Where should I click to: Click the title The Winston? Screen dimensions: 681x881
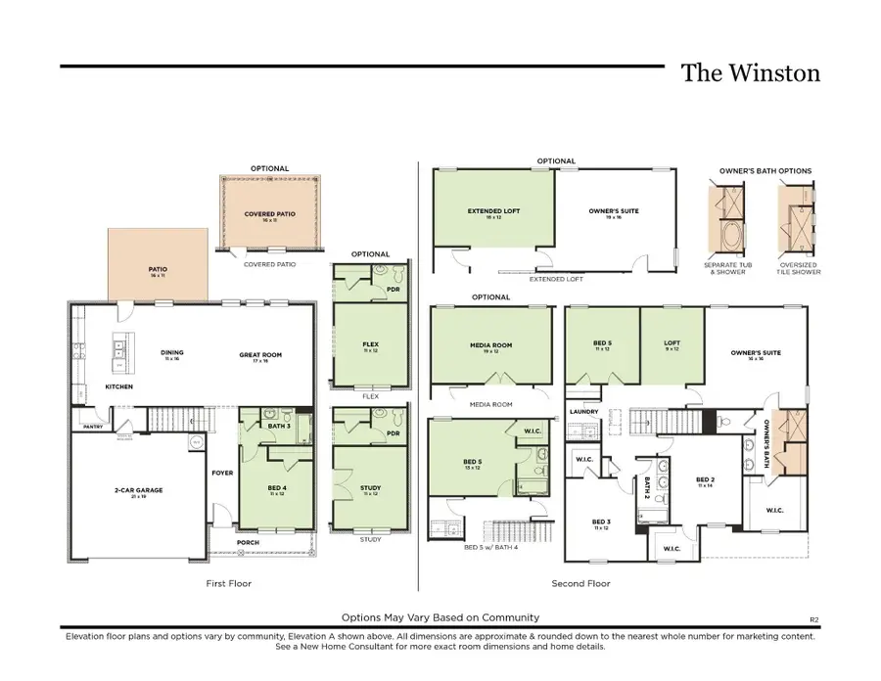point(750,73)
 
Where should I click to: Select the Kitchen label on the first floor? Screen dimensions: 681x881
point(118,386)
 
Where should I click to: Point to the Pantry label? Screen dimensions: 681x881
point(94,427)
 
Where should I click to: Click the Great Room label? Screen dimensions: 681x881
point(260,354)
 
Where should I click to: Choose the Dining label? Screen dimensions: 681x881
point(173,353)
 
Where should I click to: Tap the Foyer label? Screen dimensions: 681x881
point(222,473)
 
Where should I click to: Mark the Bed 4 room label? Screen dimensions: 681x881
point(276,487)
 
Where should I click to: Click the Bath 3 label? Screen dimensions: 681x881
point(277,426)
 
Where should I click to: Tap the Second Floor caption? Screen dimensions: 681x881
point(581,584)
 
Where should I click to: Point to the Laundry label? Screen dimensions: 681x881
point(584,412)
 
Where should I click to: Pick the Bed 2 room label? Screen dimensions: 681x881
point(705,479)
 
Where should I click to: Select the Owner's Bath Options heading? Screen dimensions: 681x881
point(765,171)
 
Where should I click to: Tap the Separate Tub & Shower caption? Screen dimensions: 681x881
point(725,268)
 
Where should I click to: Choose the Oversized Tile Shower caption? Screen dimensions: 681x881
point(799,268)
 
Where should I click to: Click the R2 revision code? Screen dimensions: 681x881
point(813,618)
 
